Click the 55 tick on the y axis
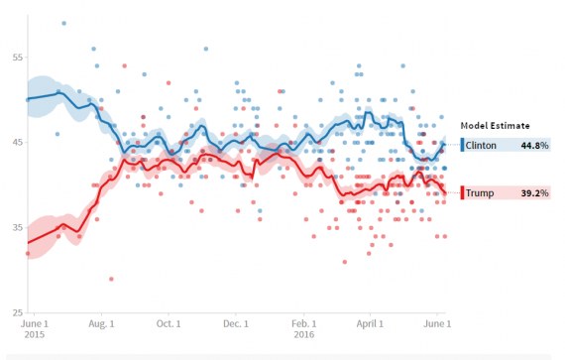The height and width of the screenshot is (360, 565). (x=17, y=59)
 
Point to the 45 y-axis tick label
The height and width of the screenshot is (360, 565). (x=17, y=144)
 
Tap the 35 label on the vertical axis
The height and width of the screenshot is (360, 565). (x=17, y=228)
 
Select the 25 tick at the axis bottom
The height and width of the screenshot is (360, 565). (x=17, y=313)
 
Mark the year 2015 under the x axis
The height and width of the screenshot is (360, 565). (x=34, y=335)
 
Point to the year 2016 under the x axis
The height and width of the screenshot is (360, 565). (x=303, y=335)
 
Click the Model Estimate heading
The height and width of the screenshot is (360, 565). (x=494, y=126)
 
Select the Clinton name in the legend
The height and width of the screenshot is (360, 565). (x=483, y=146)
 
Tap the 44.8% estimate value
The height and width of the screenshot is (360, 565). (x=534, y=146)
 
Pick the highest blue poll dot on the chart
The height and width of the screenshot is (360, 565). (x=64, y=23)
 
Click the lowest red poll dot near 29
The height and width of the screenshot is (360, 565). (x=111, y=280)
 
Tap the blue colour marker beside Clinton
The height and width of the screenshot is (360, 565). (x=462, y=146)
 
